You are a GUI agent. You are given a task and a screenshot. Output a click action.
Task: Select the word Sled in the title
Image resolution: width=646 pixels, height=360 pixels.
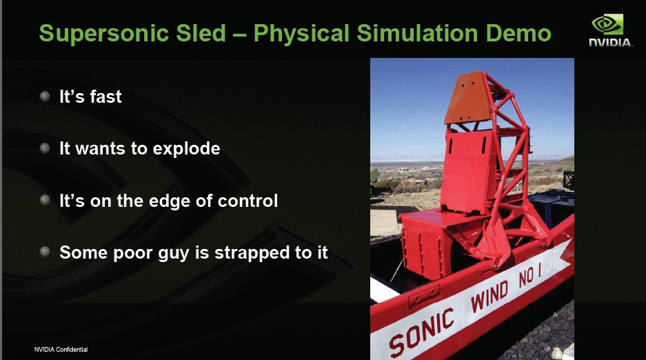tap(201, 33)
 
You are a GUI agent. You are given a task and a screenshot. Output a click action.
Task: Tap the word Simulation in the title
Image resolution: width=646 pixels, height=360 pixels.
tap(417, 33)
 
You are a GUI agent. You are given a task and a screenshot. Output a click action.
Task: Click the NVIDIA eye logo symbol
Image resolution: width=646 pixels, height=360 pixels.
tap(607, 24)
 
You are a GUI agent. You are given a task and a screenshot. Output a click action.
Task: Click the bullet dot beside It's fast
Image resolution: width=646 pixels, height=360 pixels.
tap(45, 97)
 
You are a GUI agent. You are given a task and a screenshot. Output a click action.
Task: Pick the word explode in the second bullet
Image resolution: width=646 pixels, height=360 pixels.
tap(187, 150)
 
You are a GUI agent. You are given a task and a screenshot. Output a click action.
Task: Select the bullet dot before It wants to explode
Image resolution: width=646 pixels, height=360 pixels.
tap(45, 148)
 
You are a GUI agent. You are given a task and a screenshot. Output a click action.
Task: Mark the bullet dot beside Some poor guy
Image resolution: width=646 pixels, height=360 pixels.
tap(45, 252)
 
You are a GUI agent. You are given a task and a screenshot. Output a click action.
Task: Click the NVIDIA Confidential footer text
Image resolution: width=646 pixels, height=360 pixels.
tap(61, 349)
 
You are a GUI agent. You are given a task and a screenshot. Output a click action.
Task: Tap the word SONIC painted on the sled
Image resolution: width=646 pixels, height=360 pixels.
tap(421, 332)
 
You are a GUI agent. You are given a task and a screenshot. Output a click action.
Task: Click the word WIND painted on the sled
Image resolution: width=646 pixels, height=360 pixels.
tap(489, 296)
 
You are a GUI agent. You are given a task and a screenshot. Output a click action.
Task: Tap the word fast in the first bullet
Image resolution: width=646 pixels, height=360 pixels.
tap(106, 97)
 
